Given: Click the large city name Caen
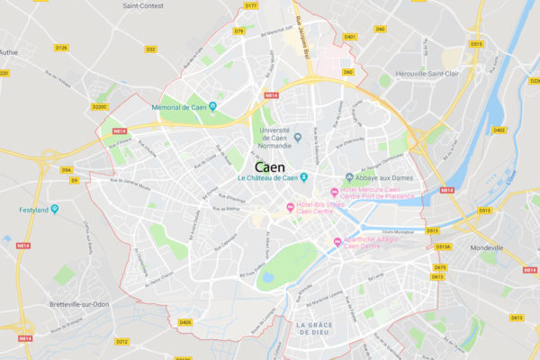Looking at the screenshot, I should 270,167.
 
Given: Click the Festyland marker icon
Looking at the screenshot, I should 55,210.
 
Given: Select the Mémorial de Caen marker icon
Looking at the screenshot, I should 213,107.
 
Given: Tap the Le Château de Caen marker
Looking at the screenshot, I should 304,176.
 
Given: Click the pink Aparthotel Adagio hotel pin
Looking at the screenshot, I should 337,240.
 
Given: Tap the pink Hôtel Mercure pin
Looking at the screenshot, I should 335,192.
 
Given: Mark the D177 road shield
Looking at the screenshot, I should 251,5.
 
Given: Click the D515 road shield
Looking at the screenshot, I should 476,43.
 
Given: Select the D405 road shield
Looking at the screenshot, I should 184,321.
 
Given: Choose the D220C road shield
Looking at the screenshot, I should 100,107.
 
